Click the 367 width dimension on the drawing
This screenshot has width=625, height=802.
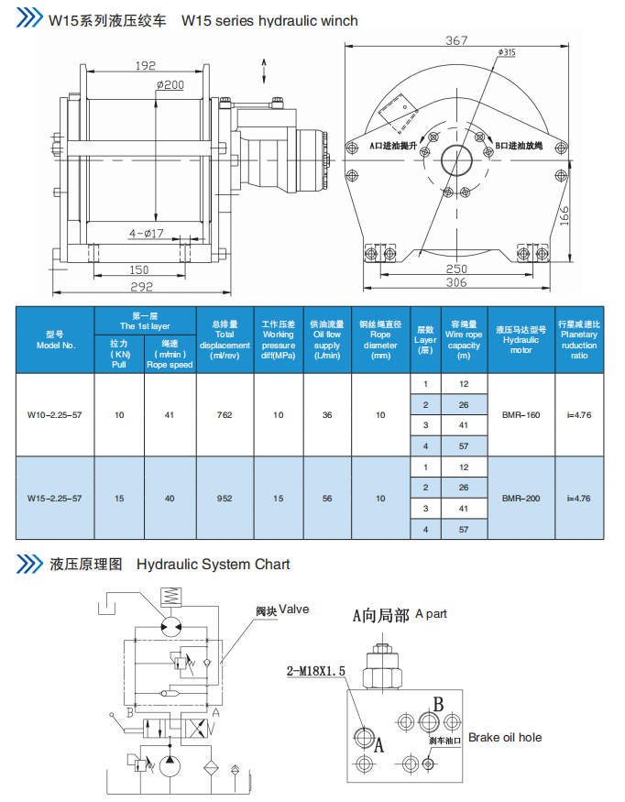(x=456, y=39)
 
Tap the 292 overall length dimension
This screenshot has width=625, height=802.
(x=140, y=287)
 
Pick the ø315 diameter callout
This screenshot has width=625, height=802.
(x=508, y=53)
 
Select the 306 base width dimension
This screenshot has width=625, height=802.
(x=456, y=283)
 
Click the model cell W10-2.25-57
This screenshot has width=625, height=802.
(x=54, y=415)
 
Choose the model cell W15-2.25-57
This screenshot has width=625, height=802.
(x=54, y=499)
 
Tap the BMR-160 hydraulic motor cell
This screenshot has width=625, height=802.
(x=521, y=415)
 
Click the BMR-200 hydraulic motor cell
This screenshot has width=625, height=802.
(x=521, y=499)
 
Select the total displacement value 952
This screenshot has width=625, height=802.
(x=225, y=499)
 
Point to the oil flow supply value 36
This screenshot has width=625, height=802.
(x=327, y=415)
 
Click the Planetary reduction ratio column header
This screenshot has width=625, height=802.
(x=578, y=339)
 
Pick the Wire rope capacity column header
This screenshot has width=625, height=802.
(x=464, y=339)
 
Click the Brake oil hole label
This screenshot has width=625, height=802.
(x=505, y=737)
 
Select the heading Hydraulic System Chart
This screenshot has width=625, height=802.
(x=214, y=564)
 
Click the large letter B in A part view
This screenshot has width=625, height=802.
(x=438, y=704)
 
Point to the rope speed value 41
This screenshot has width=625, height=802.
(x=170, y=415)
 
